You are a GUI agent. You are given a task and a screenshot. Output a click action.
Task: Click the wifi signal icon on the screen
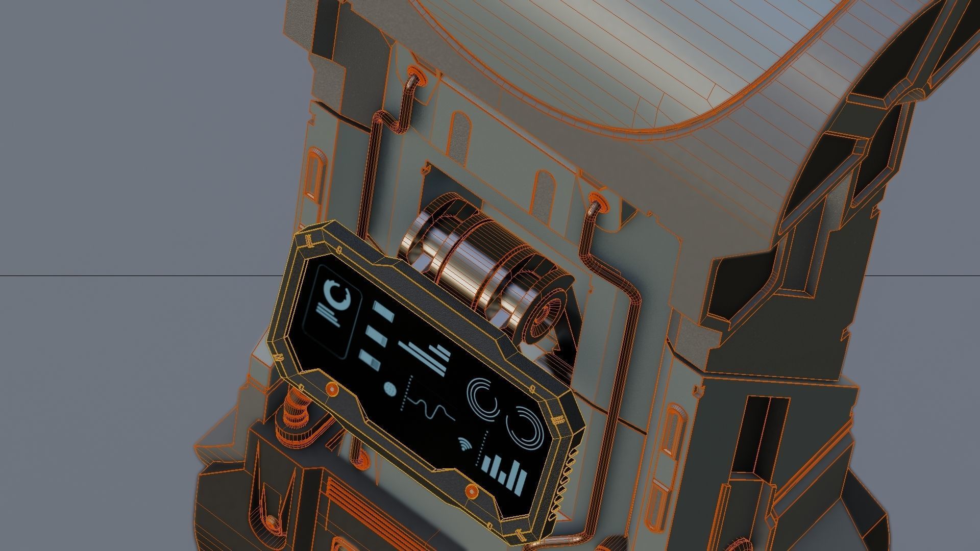(464, 444)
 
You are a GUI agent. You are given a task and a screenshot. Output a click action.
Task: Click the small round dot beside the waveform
(389, 389)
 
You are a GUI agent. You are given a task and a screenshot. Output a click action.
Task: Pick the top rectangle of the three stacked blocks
(383, 310)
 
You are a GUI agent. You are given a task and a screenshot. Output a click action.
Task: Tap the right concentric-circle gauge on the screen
(525, 425)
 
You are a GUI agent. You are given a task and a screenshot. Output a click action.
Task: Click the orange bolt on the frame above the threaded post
(333, 389)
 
